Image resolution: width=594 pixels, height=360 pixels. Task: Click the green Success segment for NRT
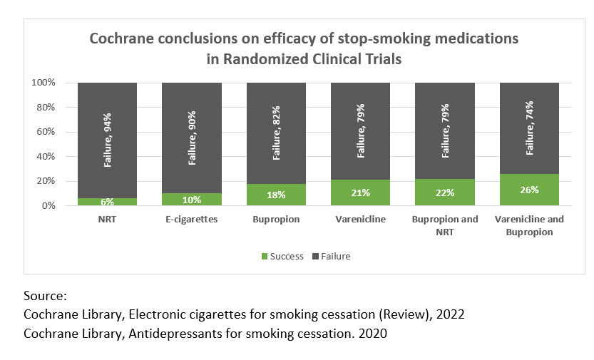tap(107, 202)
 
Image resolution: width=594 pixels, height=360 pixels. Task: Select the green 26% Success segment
tap(529, 190)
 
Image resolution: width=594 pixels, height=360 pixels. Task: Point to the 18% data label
tap(276, 195)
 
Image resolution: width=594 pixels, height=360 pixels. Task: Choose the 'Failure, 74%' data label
tap(530, 128)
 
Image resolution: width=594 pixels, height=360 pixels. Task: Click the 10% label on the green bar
tap(192, 199)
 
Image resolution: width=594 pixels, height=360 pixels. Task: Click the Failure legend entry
tap(331, 256)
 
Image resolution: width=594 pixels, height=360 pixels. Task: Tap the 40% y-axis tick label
tap(46, 157)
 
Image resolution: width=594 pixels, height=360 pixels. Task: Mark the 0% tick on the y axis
tap(49, 206)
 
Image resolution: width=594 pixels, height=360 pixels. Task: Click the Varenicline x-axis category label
tap(360, 220)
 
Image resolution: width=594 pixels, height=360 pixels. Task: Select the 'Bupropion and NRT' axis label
tap(445, 225)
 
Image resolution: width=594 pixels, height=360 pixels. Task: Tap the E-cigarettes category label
tap(191, 220)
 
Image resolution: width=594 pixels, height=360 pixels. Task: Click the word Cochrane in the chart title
tap(119, 38)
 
